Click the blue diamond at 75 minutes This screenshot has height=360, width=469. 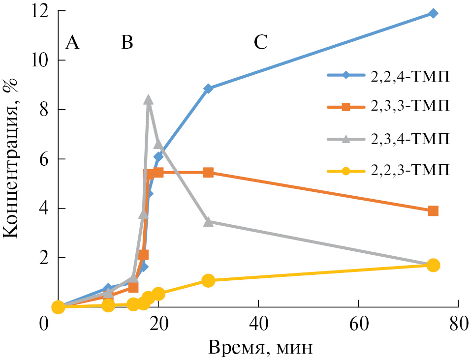[x=433, y=13]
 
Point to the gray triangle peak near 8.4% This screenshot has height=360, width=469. [x=149, y=100]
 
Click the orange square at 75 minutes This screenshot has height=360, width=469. [x=433, y=211]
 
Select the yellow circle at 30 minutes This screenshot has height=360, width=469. [x=208, y=280]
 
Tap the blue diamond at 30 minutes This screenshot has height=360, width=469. [x=208, y=89]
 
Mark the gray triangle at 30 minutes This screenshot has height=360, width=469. [x=208, y=222]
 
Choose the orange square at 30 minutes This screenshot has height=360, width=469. [x=208, y=173]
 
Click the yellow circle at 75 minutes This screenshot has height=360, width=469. [x=433, y=265]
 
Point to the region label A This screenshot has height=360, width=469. [x=72, y=43]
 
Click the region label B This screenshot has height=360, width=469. [x=127, y=43]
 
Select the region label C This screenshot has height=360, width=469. [x=260, y=43]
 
